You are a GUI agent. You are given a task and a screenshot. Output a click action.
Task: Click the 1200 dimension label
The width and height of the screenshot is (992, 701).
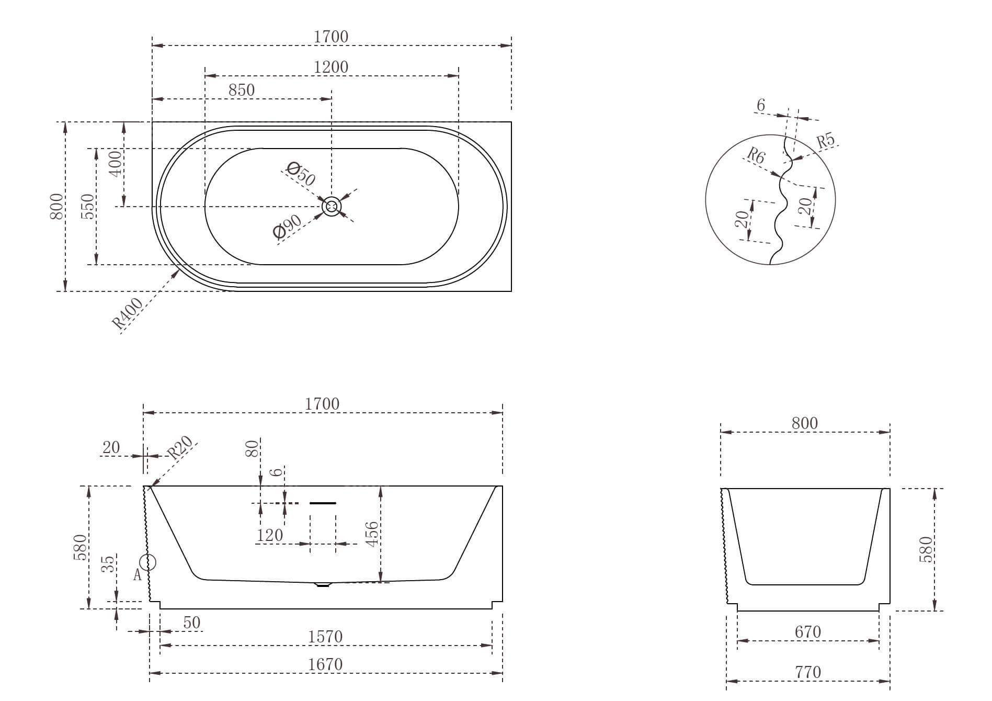331,67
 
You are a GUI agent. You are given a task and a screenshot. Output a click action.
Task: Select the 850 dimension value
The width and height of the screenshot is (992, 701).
242,90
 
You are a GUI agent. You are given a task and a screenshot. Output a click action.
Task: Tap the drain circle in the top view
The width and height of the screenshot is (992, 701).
332,207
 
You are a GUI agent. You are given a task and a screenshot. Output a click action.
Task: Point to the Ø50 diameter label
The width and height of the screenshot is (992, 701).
301,174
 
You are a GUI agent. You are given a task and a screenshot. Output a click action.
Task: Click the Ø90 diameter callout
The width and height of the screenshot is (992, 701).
288,227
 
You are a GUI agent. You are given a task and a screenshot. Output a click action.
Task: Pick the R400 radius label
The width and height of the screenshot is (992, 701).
128,313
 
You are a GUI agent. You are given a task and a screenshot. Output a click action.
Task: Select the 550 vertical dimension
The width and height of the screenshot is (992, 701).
89,207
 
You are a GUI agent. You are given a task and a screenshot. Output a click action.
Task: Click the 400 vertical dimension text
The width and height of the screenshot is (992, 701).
116,163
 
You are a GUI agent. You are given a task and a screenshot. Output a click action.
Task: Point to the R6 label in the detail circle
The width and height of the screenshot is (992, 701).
756,155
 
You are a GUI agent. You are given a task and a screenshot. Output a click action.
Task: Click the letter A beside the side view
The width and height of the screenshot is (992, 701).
138,575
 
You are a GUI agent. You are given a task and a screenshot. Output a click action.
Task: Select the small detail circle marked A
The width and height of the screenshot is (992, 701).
149,563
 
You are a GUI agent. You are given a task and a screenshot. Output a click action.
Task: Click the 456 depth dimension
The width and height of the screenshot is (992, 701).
372,534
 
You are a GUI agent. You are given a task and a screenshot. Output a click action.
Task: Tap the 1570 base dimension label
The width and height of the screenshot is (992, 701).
325,637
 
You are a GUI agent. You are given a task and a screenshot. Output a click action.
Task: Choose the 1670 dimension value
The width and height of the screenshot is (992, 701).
325,664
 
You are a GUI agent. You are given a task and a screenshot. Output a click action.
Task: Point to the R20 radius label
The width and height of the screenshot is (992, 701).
179,447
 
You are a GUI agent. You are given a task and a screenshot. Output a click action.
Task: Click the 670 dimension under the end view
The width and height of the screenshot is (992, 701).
808,632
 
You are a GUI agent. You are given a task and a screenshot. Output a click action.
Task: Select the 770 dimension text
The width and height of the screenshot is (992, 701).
808,672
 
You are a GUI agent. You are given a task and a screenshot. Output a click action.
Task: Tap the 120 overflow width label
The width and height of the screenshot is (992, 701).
269,535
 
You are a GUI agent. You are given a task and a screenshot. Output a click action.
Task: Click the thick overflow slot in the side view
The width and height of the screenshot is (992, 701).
323,503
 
